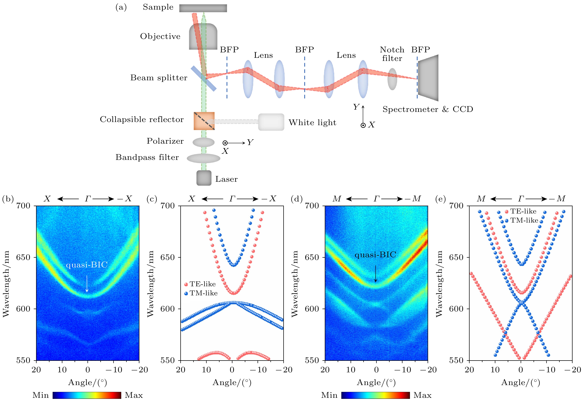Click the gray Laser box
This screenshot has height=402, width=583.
click(x=204, y=178)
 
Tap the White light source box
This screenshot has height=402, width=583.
click(x=271, y=122)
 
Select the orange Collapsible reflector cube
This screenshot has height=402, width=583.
click(x=204, y=121)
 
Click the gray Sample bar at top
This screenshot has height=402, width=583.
click(x=203, y=8)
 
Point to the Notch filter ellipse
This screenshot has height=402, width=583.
click(x=392, y=79)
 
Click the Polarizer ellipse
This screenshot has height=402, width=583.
click(x=203, y=142)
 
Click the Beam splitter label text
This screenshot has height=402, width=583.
click(x=159, y=78)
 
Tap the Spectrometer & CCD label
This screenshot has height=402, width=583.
click(x=428, y=109)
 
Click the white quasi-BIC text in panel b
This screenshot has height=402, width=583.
click(x=87, y=265)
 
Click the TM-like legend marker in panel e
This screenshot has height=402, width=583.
click(x=507, y=221)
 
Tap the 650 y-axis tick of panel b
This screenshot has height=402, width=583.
click(x=23, y=257)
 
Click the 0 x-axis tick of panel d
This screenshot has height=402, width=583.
click(x=376, y=370)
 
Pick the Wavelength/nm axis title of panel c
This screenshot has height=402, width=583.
click(x=150, y=284)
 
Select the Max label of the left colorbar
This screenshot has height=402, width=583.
click(x=134, y=395)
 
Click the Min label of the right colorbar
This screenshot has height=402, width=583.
click(x=329, y=395)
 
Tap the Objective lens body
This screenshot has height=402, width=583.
click(x=203, y=36)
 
